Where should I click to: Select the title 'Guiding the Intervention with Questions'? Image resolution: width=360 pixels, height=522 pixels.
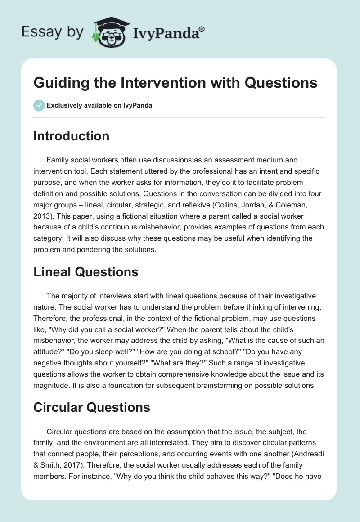point(175,83)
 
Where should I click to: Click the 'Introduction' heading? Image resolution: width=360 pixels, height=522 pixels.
point(71,136)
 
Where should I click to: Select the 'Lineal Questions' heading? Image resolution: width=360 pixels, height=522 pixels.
point(85,272)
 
